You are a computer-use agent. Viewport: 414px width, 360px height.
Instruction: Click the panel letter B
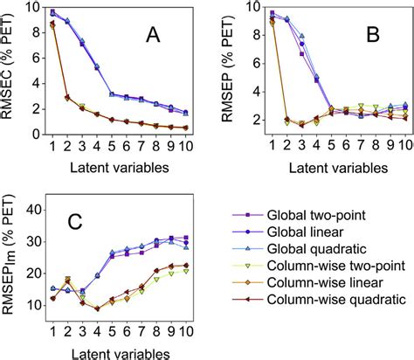pyautogui.click(x=372, y=38)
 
